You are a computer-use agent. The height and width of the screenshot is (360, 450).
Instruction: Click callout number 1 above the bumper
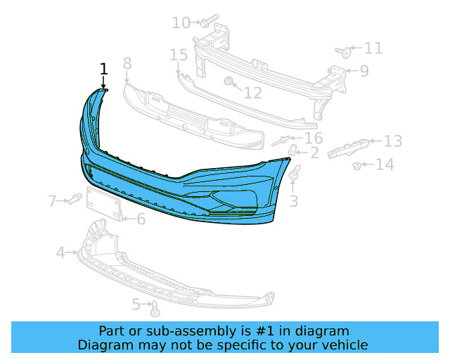104,69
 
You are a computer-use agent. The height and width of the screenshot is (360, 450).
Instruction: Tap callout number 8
127,64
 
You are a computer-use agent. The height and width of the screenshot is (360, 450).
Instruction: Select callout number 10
181,23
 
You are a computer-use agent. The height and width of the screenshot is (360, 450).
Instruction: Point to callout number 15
179,54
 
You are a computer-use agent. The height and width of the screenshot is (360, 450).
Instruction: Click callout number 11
373,48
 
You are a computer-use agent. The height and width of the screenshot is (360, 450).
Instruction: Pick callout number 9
364,70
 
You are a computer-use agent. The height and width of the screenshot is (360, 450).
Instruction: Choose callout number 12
252,92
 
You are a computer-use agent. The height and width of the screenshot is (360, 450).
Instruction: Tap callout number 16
313,138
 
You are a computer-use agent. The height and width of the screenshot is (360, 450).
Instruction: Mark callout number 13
392,141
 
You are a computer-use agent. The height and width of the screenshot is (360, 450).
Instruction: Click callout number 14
385,165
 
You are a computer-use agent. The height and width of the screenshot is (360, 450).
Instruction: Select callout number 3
294,201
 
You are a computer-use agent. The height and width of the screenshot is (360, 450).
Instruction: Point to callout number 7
53,202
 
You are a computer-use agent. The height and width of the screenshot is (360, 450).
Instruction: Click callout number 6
141,219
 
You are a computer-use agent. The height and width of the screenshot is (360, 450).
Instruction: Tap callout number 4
60,252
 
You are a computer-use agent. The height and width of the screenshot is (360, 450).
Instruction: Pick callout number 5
136,304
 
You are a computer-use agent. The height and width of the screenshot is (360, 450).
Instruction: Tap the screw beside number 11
344,51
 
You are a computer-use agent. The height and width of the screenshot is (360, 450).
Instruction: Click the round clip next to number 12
229,83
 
